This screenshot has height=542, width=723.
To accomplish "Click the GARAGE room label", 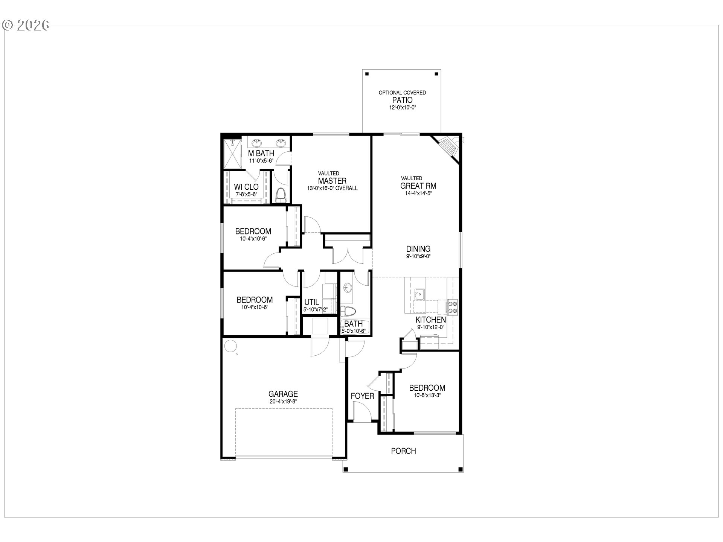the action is tap(283, 394).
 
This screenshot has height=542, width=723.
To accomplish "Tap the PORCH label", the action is tap(403, 451).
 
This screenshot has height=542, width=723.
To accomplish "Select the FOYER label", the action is tap(362, 396).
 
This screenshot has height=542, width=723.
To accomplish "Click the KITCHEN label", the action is tap(431, 320).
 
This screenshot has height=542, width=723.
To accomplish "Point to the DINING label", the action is tap(418, 249).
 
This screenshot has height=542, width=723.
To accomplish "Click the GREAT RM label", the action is tap(418, 186).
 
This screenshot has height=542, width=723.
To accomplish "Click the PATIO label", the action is tap(402, 100).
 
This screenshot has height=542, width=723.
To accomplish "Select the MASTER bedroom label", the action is tap(332, 181).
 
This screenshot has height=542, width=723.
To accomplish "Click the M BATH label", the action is tap(261, 154).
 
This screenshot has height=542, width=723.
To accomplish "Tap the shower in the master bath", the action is tap(232, 154).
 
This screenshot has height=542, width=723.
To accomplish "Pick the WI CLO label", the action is tap(246, 187).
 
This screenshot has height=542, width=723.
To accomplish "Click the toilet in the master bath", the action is tap(281, 195).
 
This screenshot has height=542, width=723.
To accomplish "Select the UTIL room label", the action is tap(311, 302).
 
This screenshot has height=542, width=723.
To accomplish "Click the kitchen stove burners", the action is tap(452, 306).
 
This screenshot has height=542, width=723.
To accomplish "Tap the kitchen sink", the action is tap(419, 294).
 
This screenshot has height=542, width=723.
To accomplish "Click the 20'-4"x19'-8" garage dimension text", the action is tap(283, 401).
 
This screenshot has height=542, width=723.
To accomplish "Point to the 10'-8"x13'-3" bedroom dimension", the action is tap(427, 395).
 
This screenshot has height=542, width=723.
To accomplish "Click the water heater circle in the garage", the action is tap(230, 346).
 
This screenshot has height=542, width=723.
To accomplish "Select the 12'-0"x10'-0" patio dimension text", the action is tap(402, 107).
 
